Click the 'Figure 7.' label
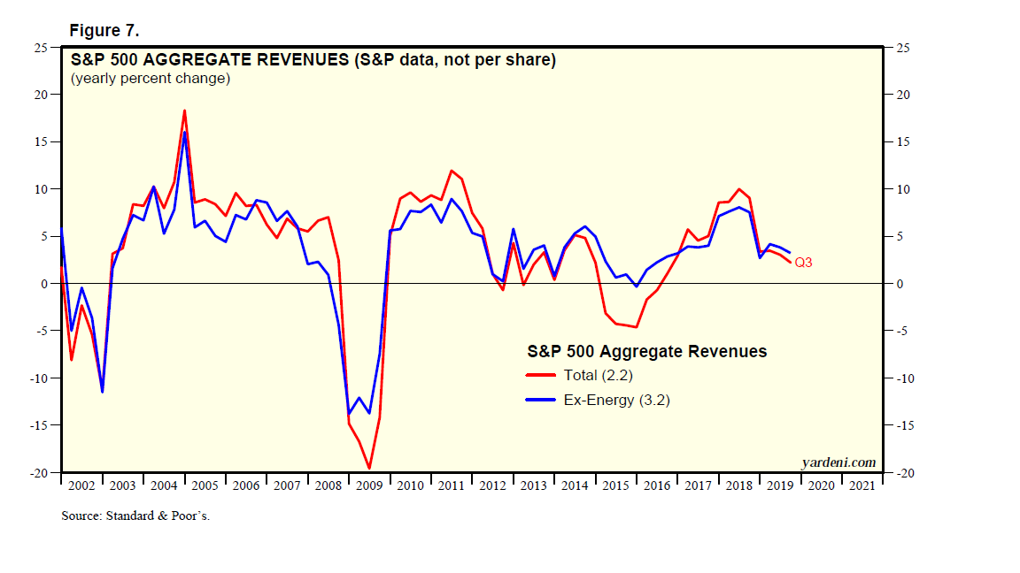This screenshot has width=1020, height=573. pyautogui.click(x=104, y=31)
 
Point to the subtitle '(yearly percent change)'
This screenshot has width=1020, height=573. pyautogui.click(x=151, y=78)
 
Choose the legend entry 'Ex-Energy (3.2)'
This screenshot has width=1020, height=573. pyautogui.click(x=616, y=400)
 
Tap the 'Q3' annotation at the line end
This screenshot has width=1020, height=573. pyautogui.click(x=803, y=263)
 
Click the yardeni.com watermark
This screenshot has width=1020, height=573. pyautogui.click(x=838, y=462)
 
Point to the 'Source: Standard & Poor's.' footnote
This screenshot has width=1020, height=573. pyautogui.click(x=135, y=516)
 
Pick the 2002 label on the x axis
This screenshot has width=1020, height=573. pyautogui.click(x=81, y=485)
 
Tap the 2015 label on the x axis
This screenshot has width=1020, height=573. pyautogui.click(x=615, y=485)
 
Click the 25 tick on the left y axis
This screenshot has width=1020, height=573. pyautogui.click(x=41, y=48)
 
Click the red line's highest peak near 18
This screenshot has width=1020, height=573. pyautogui.click(x=184, y=111)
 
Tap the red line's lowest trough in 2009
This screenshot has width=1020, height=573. pyautogui.click(x=369, y=469)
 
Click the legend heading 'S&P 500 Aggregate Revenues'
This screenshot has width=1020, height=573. pyautogui.click(x=647, y=351)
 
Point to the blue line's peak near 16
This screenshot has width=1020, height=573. pyautogui.click(x=184, y=133)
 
